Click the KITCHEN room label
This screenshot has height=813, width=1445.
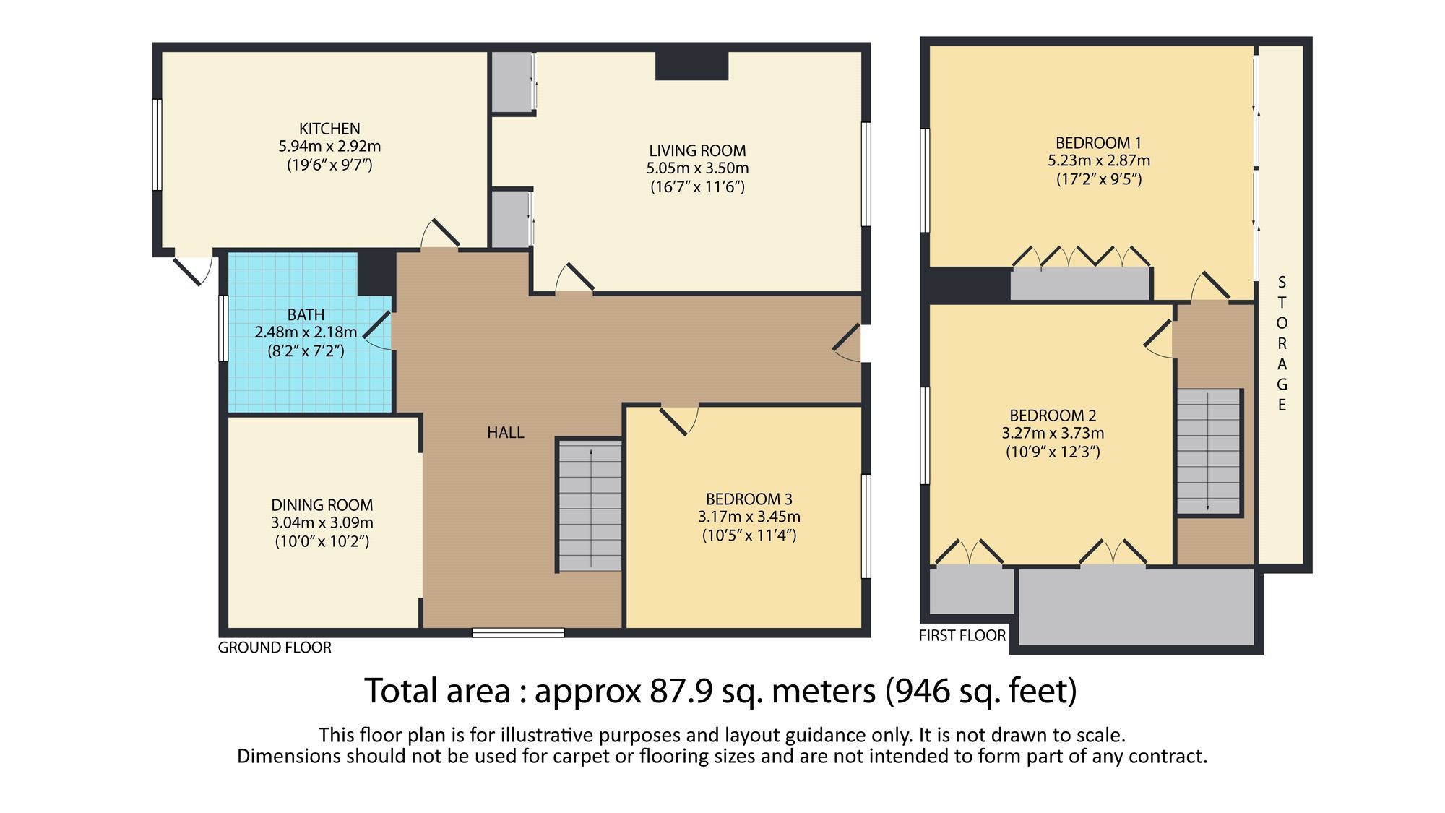[x=329, y=129]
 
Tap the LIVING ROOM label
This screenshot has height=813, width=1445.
[x=697, y=151]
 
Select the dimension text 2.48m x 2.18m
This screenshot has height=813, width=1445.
[x=306, y=332]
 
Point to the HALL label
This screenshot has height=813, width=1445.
[x=505, y=433]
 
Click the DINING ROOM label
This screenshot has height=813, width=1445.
[x=322, y=505]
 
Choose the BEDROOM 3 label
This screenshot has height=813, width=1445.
[x=749, y=499]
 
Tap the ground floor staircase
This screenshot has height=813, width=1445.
[x=590, y=506]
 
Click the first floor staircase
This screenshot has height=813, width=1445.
[x=1209, y=452]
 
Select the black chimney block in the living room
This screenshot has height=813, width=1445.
[x=691, y=66]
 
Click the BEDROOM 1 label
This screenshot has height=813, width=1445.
[x=1098, y=143]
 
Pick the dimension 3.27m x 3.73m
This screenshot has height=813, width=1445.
[x=1053, y=434]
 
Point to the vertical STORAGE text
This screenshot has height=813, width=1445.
[x=1282, y=343]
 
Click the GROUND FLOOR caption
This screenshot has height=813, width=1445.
[x=275, y=648]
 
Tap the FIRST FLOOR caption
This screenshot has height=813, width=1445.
[x=962, y=636]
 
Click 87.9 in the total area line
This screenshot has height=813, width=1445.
[x=680, y=691]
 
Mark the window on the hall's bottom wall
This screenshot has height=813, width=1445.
[x=518, y=633]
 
